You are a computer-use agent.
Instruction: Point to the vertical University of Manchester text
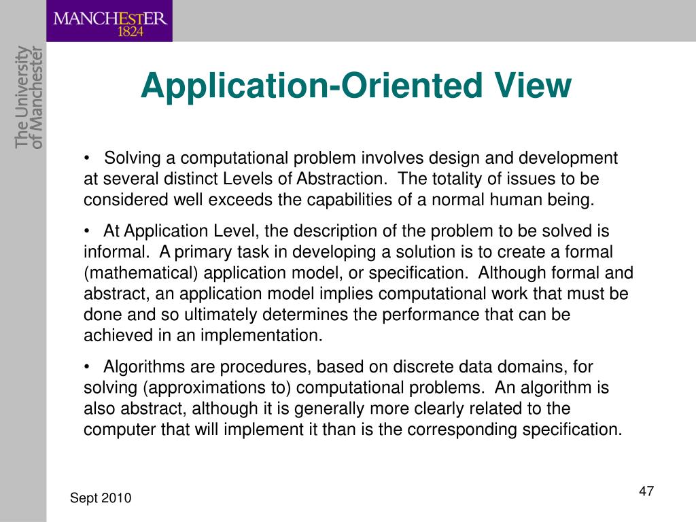click(x=29, y=96)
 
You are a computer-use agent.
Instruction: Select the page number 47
click(x=646, y=491)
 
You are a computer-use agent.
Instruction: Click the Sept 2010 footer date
click(x=101, y=499)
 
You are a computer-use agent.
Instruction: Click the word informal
click(x=114, y=252)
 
